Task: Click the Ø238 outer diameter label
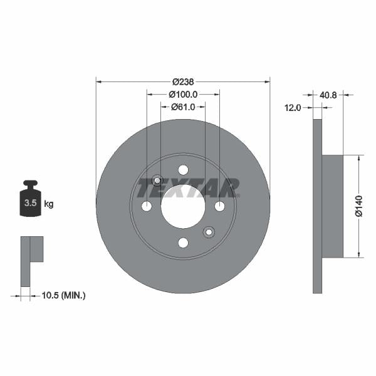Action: tap(182, 81)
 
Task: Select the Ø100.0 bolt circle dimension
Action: tap(183, 94)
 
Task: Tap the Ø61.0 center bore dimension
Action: tap(183, 107)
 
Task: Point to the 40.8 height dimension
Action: tap(328, 96)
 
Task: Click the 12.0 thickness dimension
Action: tap(293, 107)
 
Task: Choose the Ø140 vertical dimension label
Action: tap(359, 206)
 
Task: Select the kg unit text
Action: tap(49, 204)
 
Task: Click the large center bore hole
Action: tap(183, 206)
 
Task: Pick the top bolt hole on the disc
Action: tap(183, 170)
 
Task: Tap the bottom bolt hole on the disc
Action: tap(183, 243)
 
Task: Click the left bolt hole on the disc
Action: tap(147, 206)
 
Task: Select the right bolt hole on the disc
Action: tap(219, 206)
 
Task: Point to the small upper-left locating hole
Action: tap(157, 180)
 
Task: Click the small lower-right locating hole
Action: tap(209, 232)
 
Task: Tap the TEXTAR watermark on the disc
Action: tap(188, 187)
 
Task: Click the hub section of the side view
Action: tap(333, 206)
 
